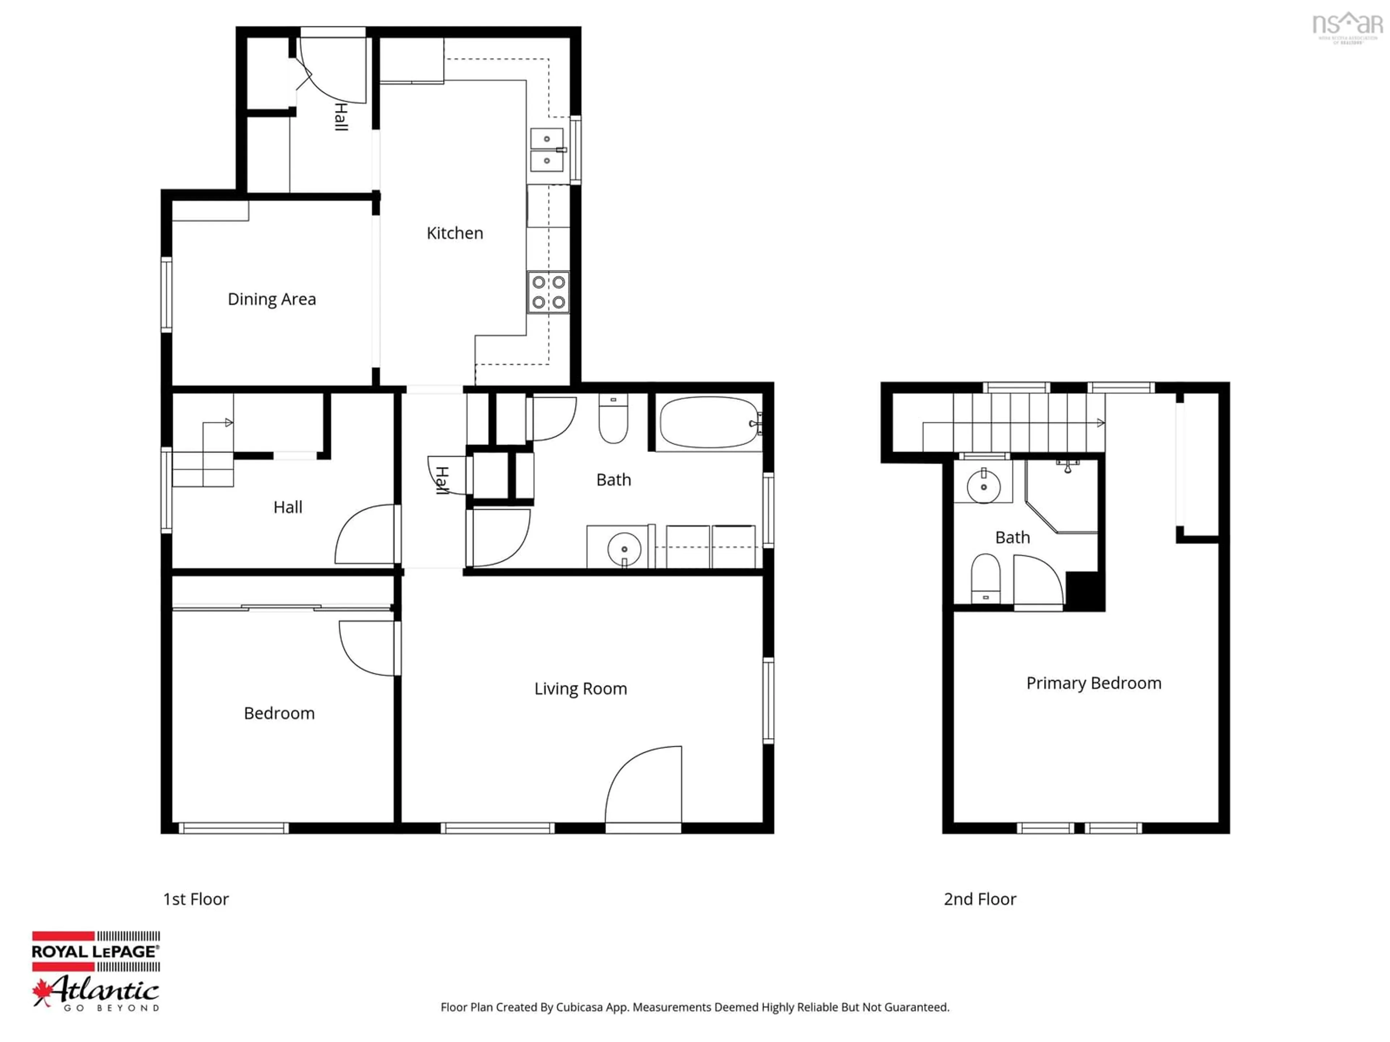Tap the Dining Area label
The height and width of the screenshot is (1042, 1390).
point(271,299)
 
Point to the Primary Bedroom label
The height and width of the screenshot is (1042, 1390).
point(1094,683)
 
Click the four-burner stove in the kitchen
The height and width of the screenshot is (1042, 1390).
point(548,292)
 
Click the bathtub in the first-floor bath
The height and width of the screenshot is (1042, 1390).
point(709,422)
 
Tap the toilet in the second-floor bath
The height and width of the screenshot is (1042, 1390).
point(985,577)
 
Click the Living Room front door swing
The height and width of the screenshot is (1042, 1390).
point(644,785)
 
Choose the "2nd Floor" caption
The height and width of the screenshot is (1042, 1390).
point(980,899)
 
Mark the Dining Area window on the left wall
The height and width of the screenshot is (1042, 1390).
point(167,294)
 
